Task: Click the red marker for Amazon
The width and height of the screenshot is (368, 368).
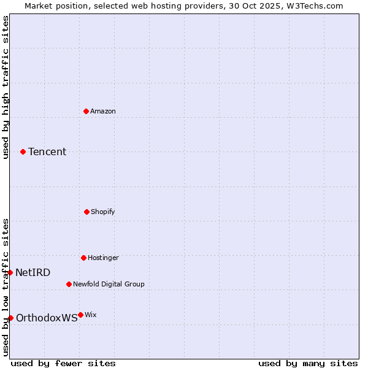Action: (86, 111)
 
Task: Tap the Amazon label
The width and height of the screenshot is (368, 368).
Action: (103, 111)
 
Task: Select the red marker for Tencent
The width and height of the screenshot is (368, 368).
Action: (23, 151)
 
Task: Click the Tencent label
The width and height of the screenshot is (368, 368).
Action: (47, 151)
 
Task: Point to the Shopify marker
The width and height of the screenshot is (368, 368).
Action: (86, 212)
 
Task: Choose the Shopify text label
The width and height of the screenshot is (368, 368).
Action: (103, 212)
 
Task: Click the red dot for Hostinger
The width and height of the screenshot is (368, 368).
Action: (83, 258)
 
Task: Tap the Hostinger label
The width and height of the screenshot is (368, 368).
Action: (103, 258)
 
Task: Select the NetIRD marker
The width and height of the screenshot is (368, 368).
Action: (10, 272)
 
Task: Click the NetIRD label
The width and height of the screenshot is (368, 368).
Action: (33, 272)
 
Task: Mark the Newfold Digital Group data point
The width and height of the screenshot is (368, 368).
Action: (69, 284)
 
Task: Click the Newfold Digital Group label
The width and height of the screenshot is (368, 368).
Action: (109, 284)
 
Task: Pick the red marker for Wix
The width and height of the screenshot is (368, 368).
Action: (80, 315)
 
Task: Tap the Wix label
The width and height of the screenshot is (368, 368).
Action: (91, 315)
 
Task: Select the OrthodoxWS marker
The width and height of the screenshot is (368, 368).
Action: (10, 318)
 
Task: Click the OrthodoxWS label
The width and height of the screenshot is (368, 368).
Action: (47, 318)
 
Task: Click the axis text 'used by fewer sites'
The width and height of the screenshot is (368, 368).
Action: (63, 363)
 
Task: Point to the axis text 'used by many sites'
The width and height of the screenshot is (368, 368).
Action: (308, 363)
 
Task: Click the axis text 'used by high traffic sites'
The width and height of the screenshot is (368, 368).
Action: (6, 87)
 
